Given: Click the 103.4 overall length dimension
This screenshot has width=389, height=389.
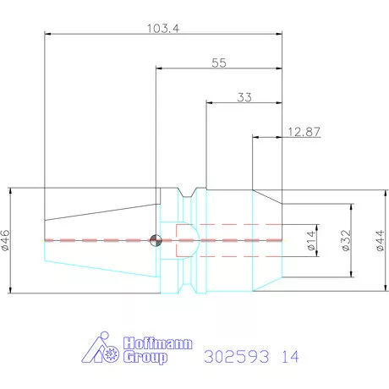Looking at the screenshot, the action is [x=163, y=29].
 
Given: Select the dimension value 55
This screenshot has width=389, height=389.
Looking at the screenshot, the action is [x=219, y=63].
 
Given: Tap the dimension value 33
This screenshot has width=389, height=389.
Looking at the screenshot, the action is [x=244, y=97].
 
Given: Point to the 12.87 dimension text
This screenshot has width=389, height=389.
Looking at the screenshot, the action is [x=304, y=132].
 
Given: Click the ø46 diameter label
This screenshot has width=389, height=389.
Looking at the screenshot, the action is [x=5, y=240].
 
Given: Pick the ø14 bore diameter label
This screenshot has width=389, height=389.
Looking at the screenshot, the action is [x=310, y=240].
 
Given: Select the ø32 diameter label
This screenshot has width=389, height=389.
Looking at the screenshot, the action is [x=346, y=240].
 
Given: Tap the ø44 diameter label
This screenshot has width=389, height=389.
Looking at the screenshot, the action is [x=380, y=240].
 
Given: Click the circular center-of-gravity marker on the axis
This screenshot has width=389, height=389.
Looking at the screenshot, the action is [x=156, y=240].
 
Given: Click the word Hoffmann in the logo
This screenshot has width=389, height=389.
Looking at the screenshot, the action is [x=157, y=343].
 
